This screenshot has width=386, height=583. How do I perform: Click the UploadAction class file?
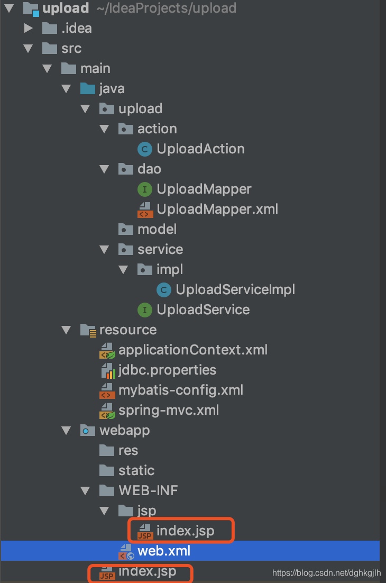tap(200, 149)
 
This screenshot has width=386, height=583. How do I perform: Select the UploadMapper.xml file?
tap(217, 209)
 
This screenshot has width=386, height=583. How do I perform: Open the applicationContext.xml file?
tap(193, 350)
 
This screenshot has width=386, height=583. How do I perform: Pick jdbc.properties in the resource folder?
tap(167, 370)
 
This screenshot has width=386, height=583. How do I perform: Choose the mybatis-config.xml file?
tap(180, 390)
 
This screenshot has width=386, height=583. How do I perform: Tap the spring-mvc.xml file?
tap(169, 410)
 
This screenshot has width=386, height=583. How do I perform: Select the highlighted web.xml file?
tap(164, 551)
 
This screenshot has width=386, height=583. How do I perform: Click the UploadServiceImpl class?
tap(235, 289)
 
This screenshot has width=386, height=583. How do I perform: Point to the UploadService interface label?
tap(203, 309)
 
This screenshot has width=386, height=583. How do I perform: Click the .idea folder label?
tap(77, 28)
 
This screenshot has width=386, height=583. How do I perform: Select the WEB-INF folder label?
tap(148, 490)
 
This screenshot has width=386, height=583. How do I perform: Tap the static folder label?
tap(136, 470)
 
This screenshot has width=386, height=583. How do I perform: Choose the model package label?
tap(157, 229)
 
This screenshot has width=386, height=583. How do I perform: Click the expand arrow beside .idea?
tap(28, 28)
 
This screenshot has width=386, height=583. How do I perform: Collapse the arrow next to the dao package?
tap(104, 169)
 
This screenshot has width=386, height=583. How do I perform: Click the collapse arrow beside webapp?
tap(66, 431)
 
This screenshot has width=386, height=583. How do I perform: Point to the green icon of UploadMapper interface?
tap(145, 189)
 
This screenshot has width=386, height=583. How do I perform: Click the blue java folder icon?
tap(88, 88)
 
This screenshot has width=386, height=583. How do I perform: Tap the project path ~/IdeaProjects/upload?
tap(167, 8)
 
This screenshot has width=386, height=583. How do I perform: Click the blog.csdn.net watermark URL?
tap(327, 573)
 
